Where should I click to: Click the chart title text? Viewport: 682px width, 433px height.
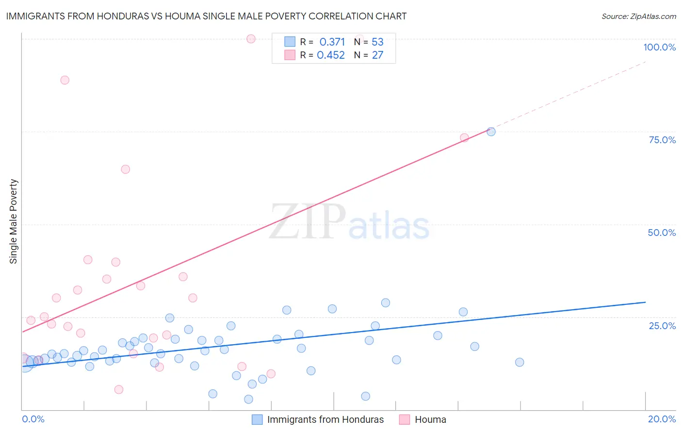coord(206,16)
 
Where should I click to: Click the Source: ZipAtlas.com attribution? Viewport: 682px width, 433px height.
coord(638,16)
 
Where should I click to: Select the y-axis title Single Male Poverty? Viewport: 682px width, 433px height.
coord(14,221)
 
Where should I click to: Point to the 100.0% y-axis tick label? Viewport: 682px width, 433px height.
coord(659,47)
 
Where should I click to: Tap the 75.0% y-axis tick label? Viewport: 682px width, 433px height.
coord(662,140)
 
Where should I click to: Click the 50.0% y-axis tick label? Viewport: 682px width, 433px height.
coord(662,233)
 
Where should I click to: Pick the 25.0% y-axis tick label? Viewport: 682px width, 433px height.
coord(662,325)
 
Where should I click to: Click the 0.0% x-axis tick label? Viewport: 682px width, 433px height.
coord(33,419)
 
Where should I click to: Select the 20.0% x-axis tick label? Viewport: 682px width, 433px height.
coord(662,419)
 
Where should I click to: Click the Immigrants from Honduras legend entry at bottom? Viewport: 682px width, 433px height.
coord(325,419)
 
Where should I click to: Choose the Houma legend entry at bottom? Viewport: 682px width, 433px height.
coord(430,419)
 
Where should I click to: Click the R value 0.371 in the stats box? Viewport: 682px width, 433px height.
coord(332,42)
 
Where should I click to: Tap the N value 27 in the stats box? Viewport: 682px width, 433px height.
coord(377,55)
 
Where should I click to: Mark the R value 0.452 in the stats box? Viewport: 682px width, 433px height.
coord(331,55)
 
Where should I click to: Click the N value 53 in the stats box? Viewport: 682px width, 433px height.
coord(377,42)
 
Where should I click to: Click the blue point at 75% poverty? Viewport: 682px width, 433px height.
coord(491,132)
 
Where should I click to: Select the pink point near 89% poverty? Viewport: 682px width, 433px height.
coord(65,80)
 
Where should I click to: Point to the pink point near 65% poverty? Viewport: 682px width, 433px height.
coord(125,169)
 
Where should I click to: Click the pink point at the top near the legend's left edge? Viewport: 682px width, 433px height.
coord(251,39)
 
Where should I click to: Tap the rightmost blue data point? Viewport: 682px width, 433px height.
coord(520,362)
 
